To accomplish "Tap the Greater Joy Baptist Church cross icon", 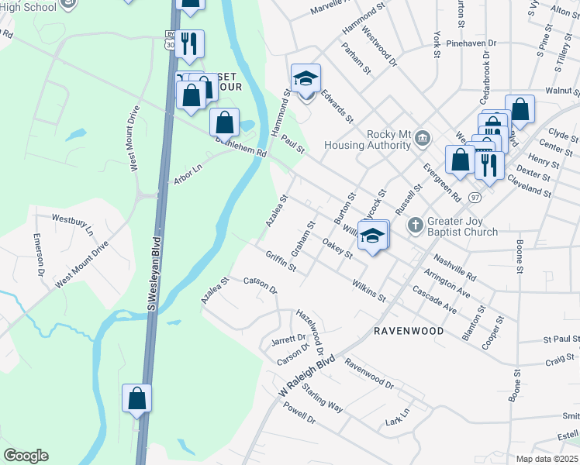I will click(x=415, y=225).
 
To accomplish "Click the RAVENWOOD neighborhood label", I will click(x=409, y=331).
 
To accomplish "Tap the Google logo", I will click(x=26, y=456).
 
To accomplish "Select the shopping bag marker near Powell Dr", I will click(x=136, y=399).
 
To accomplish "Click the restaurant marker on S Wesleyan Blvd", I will click(x=188, y=43).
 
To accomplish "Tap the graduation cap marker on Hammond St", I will click(x=306, y=80).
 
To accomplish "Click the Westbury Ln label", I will click(x=72, y=225).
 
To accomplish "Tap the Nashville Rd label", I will click(x=454, y=267).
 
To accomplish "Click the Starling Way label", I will click(x=323, y=397).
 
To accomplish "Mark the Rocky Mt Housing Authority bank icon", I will click(x=422, y=139).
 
